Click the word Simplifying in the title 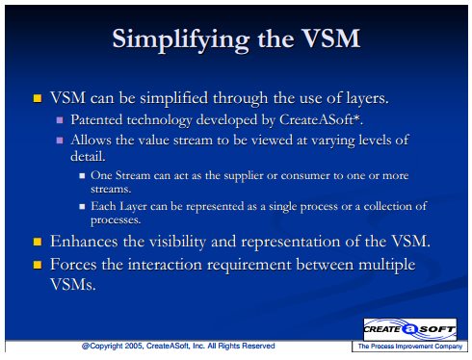(x=181, y=40)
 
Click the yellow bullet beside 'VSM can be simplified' (x=38, y=98)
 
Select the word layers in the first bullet (x=367, y=98)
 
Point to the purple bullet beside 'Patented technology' (x=60, y=120)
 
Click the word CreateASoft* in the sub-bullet (x=321, y=119)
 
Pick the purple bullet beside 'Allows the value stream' (x=60, y=141)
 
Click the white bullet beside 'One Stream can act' (x=82, y=176)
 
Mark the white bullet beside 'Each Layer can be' (x=82, y=206)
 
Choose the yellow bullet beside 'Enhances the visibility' (x=38, y=242)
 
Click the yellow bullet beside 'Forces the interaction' (x=38, y=265)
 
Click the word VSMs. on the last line (x=73, y=284)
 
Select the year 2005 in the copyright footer (x=134, y=346)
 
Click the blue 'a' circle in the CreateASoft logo (x=410, y=329)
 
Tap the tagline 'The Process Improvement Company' (x=410, y=347)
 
